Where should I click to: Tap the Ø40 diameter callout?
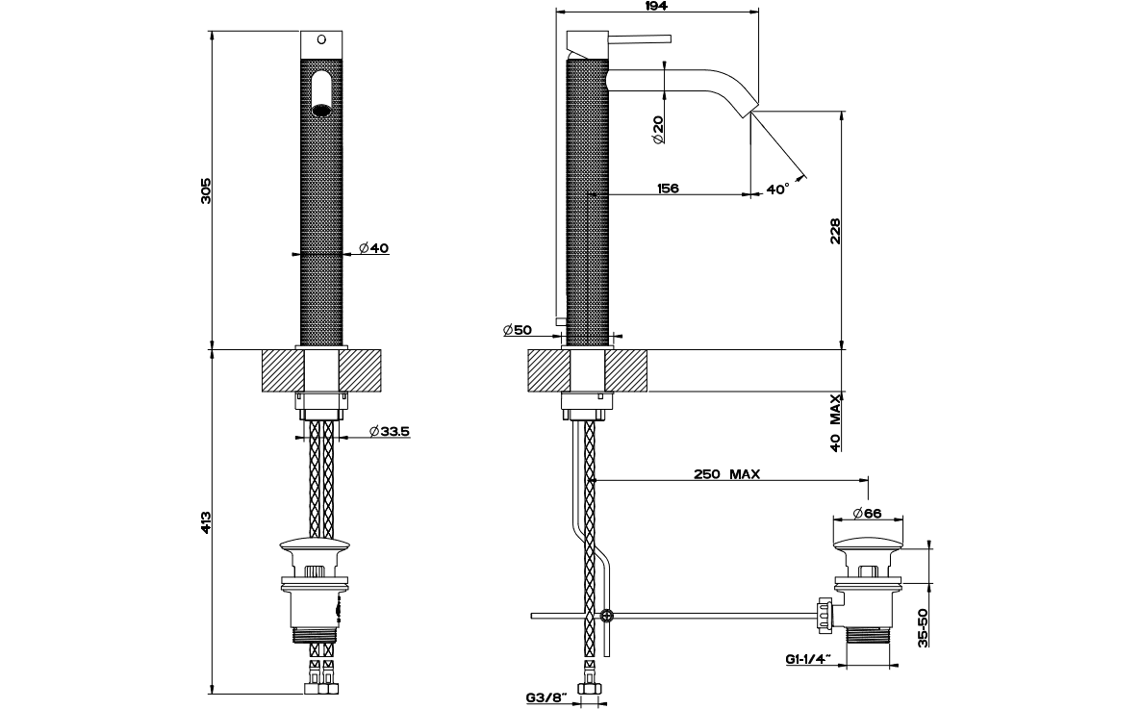[373, 248]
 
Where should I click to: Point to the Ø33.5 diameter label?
[389, 432]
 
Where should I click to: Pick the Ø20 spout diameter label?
[657, 130]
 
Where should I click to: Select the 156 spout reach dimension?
[668, 189]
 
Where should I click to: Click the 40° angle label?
[778, 190]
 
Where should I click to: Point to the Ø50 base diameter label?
[517, 331]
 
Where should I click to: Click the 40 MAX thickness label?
[835, 421]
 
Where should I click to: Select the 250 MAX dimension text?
[726, 474]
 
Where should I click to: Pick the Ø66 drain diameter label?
[867, 513]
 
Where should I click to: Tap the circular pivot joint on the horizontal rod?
[606, 616]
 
